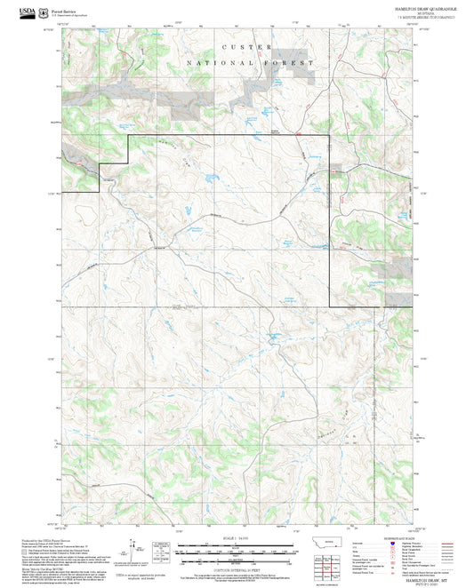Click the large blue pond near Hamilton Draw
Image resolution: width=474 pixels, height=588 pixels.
click(x=207, y=179)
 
